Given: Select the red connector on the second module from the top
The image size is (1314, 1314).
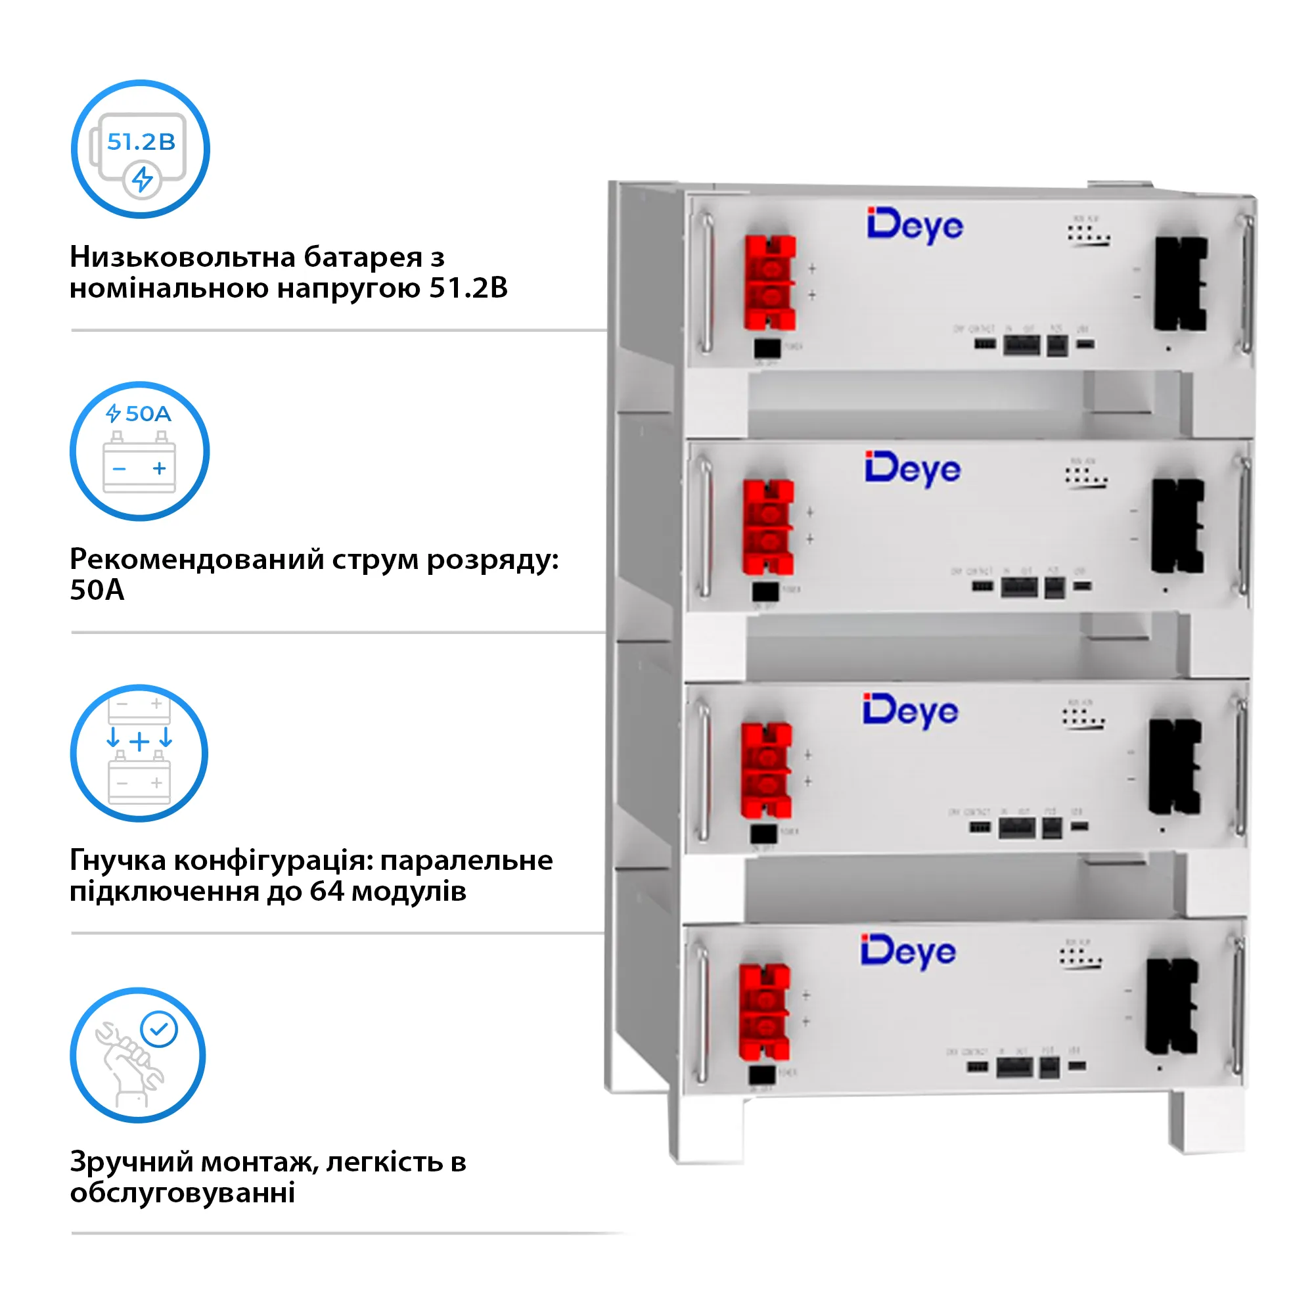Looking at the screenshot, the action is pyautogui.click(x=768, y=527).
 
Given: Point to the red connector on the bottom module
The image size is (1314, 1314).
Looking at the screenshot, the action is pyautogui.click(x=765, y=1011).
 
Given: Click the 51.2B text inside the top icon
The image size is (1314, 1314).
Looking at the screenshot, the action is pyautogui.click(x=141, y=141).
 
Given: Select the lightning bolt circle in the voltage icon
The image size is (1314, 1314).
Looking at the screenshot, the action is pyautogui.click(x=142, y=179).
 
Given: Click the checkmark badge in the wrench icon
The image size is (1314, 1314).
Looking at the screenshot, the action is pyautogui.click(x=159, y=1029).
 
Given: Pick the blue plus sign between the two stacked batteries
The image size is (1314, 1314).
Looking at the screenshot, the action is pyautogui.click(x=139, y=741).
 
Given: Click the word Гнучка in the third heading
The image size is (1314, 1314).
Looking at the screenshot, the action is pyautogui.click(x=118, y=861).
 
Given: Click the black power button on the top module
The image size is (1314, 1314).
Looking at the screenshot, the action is pyautogui.click(x=767, y=348).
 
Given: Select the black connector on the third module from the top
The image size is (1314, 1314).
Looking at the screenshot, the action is pyautogui.click(x=1175, y=767).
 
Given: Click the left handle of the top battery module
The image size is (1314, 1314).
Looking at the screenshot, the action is pyautogui.click(x=707, y=284).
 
